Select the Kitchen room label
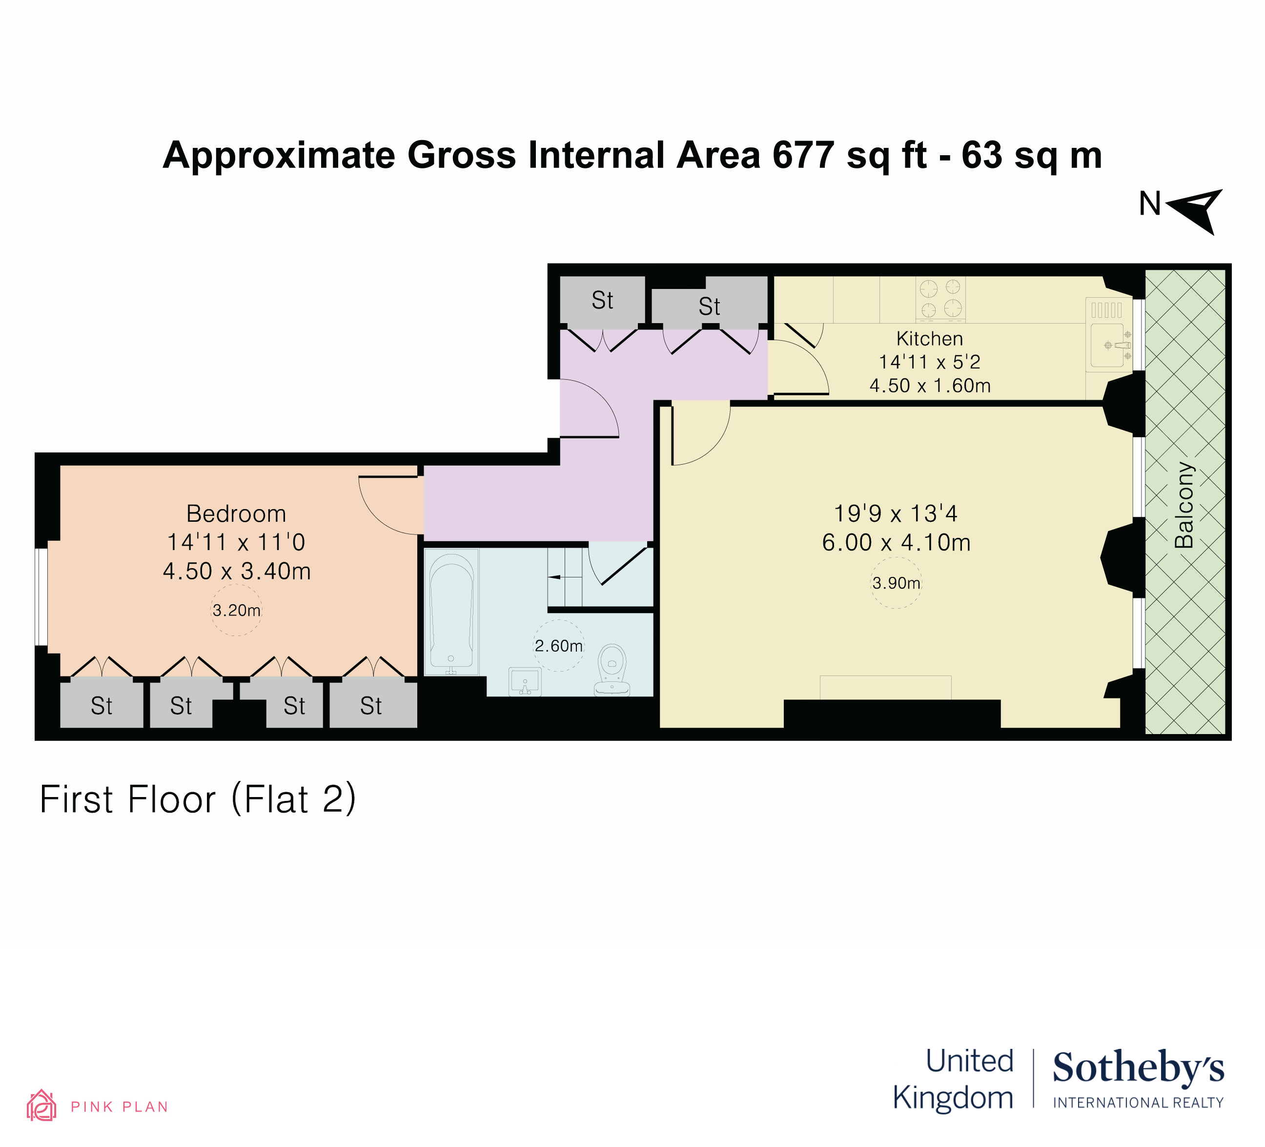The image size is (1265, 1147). click(x=929, y=339)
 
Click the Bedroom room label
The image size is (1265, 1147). click(x=236, y=514)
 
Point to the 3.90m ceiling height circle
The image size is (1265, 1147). click(x=896, y=583)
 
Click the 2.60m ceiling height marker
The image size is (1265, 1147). click(x=558, y=646)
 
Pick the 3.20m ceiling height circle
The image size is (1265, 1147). click(x=236, y=610)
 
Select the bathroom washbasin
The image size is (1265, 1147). click(x=525, y=681)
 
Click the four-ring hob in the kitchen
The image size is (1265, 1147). click(x=940, y=298)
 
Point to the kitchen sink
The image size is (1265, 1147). click(x=1108, y=345)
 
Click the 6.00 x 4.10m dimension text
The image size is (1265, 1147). click(x=896, y=543)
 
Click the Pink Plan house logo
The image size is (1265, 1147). click(x=41, y=1105)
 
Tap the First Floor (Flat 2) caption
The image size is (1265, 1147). click(x=198, y=799)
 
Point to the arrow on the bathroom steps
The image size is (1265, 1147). click(x=555, y=576)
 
